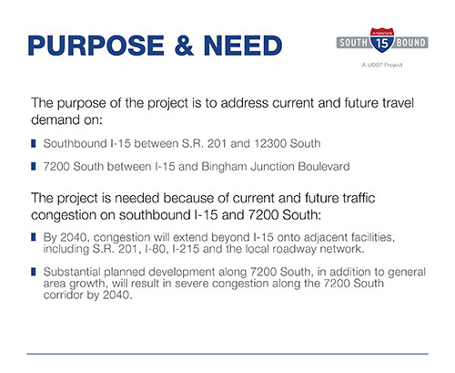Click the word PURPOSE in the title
96,46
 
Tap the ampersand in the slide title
184,46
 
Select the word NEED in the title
243,46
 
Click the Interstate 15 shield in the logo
382,40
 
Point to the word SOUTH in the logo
353,43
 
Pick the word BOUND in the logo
410,43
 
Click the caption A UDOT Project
382,65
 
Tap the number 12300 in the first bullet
270,143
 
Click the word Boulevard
324,166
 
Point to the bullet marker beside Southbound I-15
34,143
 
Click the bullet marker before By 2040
34,237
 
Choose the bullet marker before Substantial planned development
34,272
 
